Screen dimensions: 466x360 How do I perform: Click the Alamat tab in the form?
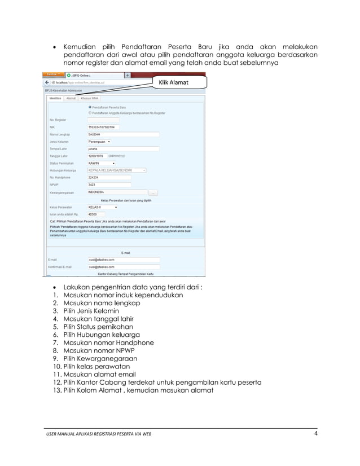[x=71, y=98]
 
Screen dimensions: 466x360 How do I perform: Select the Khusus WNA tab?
[x=89, y=98]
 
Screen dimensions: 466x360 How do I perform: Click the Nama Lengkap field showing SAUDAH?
[x=122, y=134]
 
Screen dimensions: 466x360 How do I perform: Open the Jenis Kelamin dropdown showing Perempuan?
[x=99, y=142]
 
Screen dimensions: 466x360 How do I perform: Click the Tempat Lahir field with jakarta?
[x=122, y=149]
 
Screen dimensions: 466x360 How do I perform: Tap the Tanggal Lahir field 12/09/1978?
[x=96, y=156]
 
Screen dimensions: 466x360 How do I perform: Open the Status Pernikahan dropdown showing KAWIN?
[x=102, y=163]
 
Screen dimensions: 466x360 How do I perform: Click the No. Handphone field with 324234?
[x=109, y=177]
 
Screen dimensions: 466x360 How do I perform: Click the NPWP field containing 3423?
[x=109, y=184]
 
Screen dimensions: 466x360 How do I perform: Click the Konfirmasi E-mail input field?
[x=124, y=266]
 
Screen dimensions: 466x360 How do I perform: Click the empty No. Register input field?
[x=103, y=120]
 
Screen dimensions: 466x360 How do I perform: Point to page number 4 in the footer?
[x=315, y=433]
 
